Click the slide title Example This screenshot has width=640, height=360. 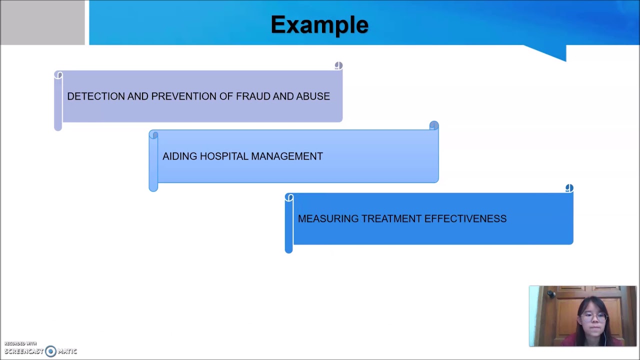pyautogui.click(x=319, y=25)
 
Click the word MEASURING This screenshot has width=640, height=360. pyautogui.click(x=327, y=218)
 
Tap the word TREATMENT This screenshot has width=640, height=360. pyautogui.click(x=391, y=218)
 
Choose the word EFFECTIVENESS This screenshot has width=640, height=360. pyautogui.click(x=465, y=218)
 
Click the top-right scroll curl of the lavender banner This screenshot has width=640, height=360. pyautogui.click(x=338, y=65)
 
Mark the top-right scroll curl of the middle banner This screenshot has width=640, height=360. pyautogui.click(x=434, y=125)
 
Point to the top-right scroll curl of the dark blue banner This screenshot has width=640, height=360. pyautogui.click(x=569, y=188)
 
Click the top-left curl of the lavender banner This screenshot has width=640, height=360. pyautogui.click(x=58, y=75)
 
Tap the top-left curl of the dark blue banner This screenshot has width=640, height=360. pyautogui.click(x=289, y=198)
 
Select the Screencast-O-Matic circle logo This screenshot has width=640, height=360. pyautogui.click(x=50, y=351)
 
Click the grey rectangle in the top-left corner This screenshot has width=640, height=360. pyautogui.click(x=42, y=22)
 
